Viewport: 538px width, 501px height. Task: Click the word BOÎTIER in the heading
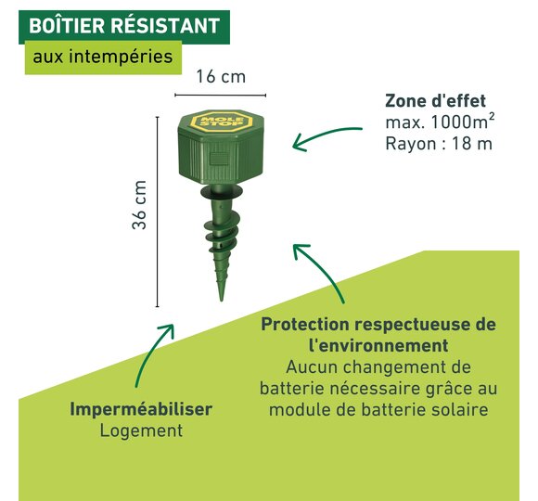click(67, 25)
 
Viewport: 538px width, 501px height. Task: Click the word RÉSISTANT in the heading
click(165, 25)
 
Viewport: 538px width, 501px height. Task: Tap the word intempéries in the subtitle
click(121, 57)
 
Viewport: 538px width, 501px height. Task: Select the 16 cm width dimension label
click(221, 76)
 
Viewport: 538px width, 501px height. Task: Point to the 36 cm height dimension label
click(139, 204)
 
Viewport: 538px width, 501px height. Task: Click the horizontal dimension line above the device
click(220, 95)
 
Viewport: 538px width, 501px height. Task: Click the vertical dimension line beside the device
click(157, 212)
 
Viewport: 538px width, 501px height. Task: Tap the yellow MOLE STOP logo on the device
click(222, 121)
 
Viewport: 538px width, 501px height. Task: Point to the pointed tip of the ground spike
click(222, 301)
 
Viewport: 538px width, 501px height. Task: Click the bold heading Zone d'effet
click(435, 101)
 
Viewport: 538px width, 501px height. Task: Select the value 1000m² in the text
click(463, 122)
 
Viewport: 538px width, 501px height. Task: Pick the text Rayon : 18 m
click(439, 144)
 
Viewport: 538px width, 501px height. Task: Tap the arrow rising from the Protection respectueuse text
click(325, 266)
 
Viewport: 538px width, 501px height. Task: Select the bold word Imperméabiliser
click(141, 409)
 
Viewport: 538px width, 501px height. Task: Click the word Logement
click(141, 430)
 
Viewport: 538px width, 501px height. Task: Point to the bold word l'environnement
click(378, 345)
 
